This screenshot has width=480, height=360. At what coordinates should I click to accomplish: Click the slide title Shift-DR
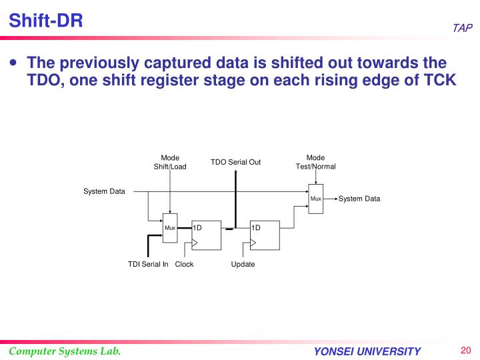click(46, 21)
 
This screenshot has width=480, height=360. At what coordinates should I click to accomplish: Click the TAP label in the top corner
click(462, 28)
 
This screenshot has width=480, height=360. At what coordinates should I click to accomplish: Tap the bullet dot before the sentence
click(14, 64)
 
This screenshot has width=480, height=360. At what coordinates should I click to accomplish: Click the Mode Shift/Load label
click(170, 162)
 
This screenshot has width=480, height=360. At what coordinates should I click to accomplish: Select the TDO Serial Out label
click(235, 162)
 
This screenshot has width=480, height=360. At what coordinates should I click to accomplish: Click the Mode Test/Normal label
click(315, 162)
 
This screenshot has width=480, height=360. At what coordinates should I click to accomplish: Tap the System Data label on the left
click(104, 192)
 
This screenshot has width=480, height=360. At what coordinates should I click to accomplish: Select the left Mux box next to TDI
click(170, 229)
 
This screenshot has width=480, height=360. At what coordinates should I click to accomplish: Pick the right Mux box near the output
click(316, 199)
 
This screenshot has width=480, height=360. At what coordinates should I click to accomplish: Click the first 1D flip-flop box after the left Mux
click(206, 235)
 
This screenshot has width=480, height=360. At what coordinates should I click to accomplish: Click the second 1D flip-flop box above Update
click(265, 235)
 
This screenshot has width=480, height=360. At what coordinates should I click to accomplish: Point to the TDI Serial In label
click(148, 265)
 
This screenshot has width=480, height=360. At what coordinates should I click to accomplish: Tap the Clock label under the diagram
click(184, 265)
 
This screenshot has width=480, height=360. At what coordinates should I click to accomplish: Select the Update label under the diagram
click(243, 265)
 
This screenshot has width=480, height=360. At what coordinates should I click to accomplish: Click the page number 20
click(465, 351)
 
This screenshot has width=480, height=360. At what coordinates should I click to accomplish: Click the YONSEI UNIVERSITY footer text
click(367, 352)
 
